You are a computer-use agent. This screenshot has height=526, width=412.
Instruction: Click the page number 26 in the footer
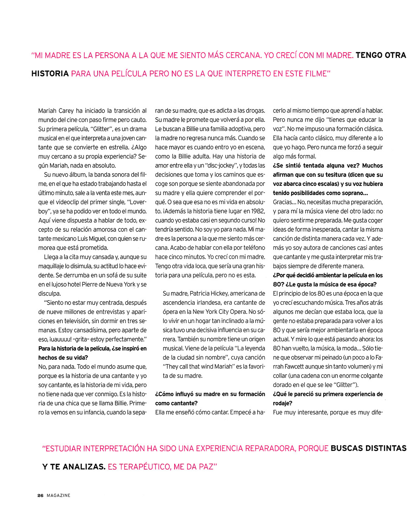click(x=40, y=495)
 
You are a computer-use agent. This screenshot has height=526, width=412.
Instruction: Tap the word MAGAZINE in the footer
click(x=59, y=495)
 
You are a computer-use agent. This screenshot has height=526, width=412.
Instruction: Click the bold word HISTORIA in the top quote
click(x=50, y=74)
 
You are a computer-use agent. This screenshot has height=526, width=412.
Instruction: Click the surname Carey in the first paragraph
click(x=66, y=111)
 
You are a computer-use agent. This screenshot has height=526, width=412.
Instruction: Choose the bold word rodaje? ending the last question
click(x=283, y=403)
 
